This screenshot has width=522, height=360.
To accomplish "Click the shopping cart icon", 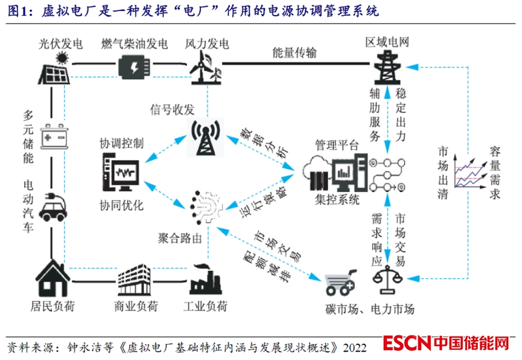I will tap(340, 282).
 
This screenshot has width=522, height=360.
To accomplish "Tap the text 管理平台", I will tap(337, 145).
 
